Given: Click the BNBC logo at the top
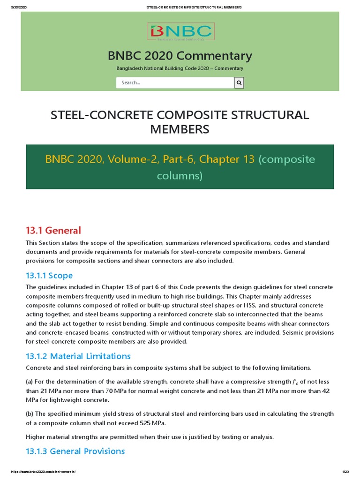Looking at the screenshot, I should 180,32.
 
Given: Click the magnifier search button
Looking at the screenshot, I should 239,82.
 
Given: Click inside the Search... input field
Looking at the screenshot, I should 175,82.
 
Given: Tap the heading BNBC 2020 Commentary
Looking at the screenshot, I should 180,56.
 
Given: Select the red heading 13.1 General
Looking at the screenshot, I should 53,230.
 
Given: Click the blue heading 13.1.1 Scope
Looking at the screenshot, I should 49,275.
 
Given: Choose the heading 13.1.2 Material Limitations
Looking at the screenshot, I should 78,356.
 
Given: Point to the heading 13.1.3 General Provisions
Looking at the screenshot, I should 75,451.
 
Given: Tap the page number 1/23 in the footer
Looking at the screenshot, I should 345,471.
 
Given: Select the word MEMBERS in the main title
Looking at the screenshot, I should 180,129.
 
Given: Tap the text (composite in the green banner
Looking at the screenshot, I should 286,159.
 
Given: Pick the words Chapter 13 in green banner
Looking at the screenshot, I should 227,159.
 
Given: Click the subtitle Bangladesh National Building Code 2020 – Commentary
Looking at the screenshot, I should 180,68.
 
